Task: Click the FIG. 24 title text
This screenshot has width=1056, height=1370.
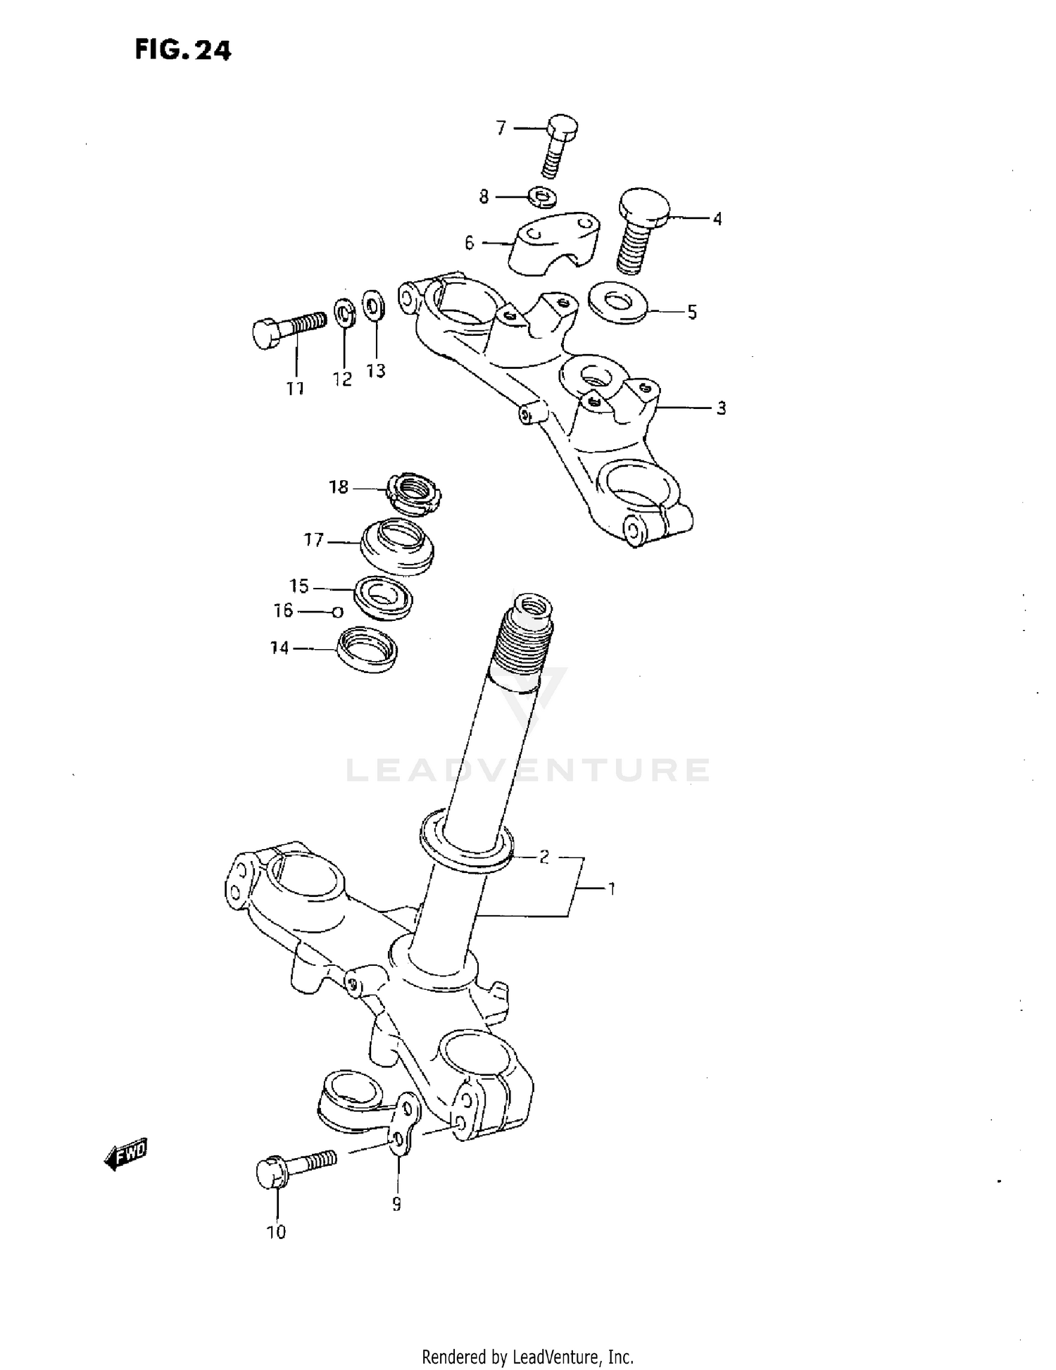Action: (x=182, y=51)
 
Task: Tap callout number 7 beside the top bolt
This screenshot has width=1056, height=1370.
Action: (x=501, y=128)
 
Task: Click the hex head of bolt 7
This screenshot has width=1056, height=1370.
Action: (x=562, y=127)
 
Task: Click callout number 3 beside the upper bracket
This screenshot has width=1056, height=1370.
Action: (x=721, y=408)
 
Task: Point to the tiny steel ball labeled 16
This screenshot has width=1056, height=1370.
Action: (x=338, y=612)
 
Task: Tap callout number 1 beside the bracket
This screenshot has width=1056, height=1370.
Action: (x=611, y=889)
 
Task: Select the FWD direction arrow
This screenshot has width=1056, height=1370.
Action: (x=127, y=1152)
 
